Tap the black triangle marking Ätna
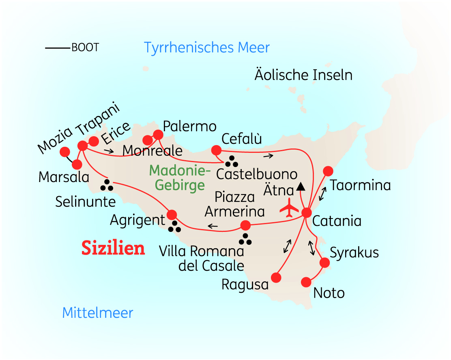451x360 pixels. coord(301,187)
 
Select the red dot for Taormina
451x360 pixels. coord(328,171)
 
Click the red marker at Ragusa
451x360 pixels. coord(276,278)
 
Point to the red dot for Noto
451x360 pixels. coord(307,282)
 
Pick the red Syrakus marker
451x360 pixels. coord(324,263)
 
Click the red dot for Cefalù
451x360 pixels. coord(216,150)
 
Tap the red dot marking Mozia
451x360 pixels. coord(64,152)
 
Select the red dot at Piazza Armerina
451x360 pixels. coord(245,225)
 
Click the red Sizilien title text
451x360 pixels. coord(113,248)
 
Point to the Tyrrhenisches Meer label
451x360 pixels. coord(207,47)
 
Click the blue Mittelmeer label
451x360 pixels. coord(98,313)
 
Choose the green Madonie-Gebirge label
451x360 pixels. coord(180,178)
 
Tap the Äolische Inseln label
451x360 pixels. coord(303,75)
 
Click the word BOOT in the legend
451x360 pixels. coord(85,47)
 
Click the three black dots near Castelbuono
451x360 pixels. coord(231,162)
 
